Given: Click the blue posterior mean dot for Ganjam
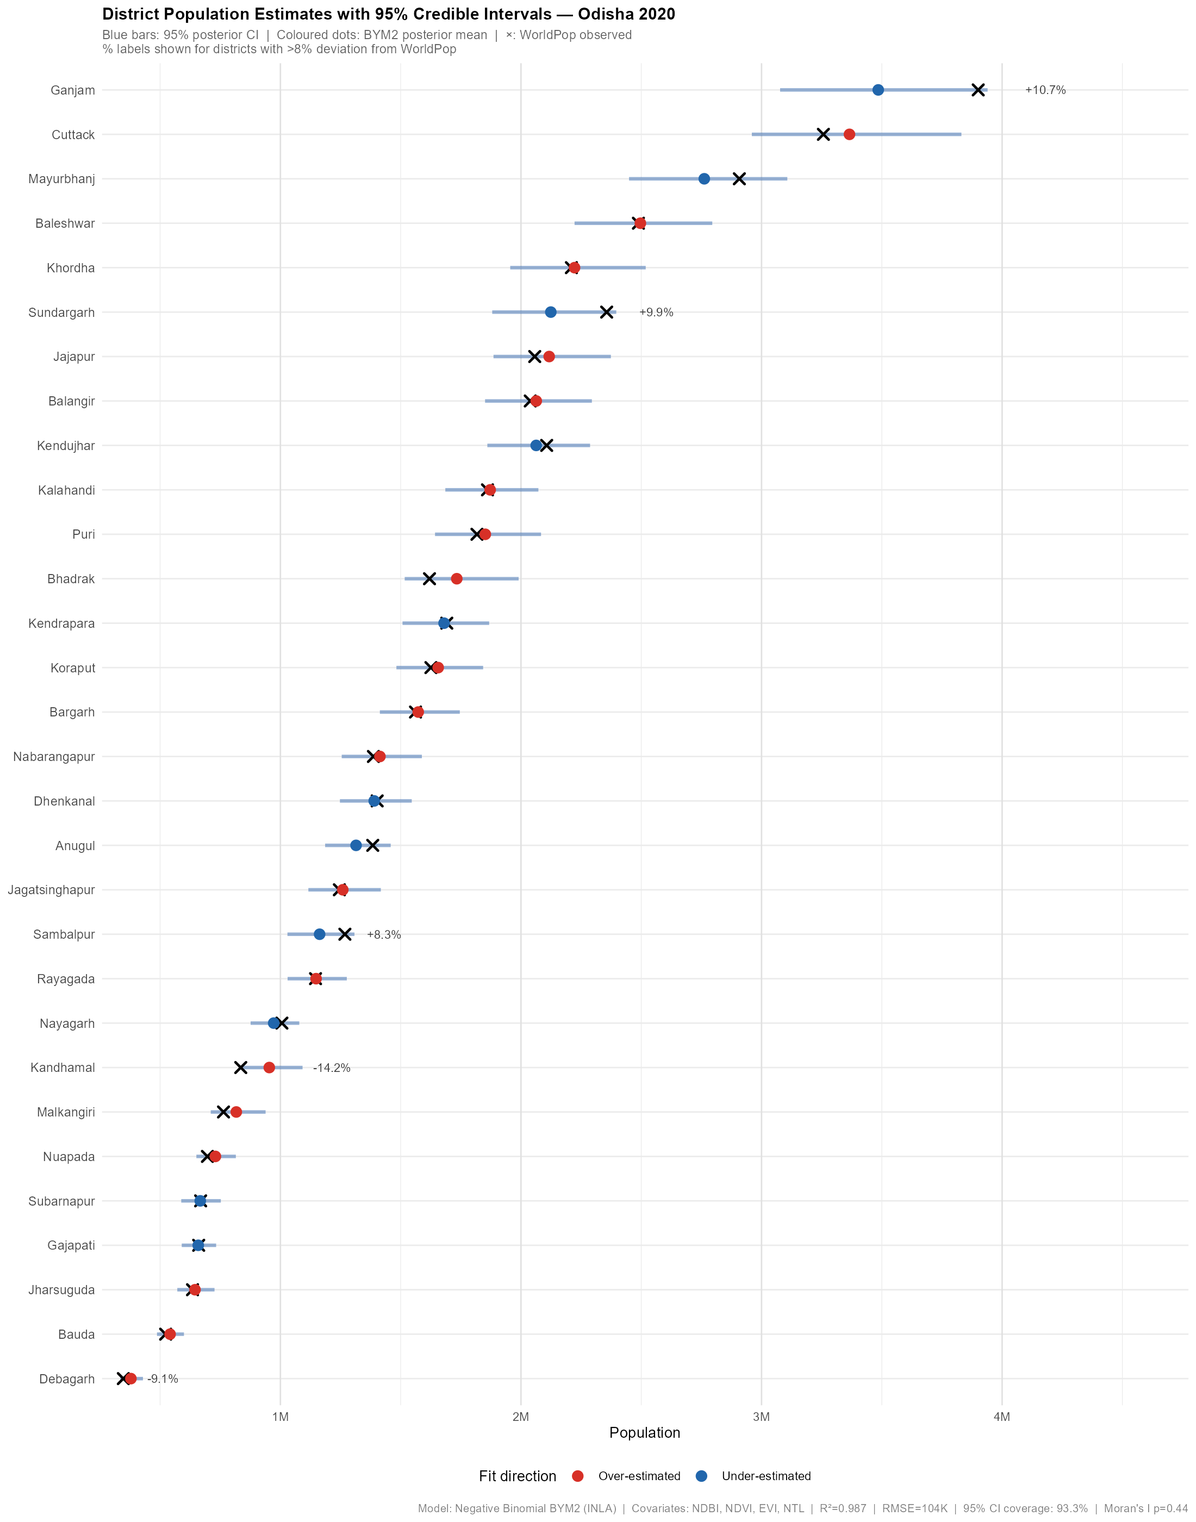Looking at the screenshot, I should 878,90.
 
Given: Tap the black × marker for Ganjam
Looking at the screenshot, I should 978,90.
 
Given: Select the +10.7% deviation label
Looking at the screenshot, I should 1045,90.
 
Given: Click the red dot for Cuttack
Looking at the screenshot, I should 849,134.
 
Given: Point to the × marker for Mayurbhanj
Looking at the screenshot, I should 739,178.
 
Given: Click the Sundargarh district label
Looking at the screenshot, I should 61,312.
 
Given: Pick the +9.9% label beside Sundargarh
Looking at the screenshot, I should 656,312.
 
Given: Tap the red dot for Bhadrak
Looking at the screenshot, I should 457,579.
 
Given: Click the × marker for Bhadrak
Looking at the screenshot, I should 429,579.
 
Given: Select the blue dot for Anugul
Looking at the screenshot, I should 356,846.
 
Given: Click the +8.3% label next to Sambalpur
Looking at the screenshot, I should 384,934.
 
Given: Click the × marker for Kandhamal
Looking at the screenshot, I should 241,1068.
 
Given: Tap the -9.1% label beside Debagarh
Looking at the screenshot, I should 163,1379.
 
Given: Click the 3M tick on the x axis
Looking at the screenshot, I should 761,1418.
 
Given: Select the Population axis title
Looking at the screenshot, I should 644,1433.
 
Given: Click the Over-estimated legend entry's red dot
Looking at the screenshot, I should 578,1476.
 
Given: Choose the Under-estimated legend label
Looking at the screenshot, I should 766,1476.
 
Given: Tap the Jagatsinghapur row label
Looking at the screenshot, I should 51,890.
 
